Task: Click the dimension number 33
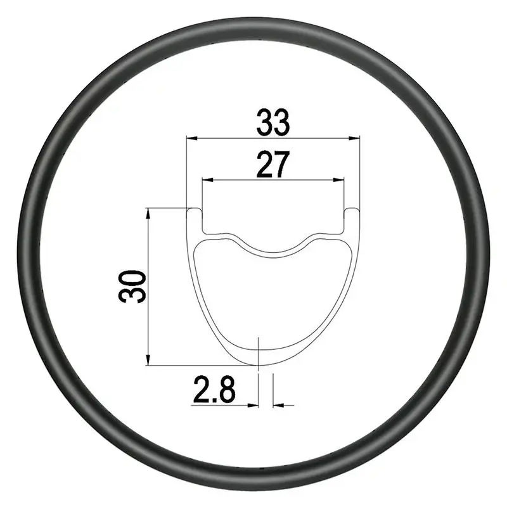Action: pos(273,123)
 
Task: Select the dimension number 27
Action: pos(273,164)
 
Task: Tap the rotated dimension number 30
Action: pos(132,286)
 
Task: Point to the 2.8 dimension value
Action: pos(214,390)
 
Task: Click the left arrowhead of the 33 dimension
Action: pos(192,138)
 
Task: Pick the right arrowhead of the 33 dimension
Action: pos(354,138)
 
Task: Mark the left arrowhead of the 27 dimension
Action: pos(208,179)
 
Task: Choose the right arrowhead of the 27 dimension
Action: pos(338,179)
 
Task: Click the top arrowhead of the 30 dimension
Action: pos(148,214)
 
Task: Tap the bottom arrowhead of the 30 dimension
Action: pos(148,360)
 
